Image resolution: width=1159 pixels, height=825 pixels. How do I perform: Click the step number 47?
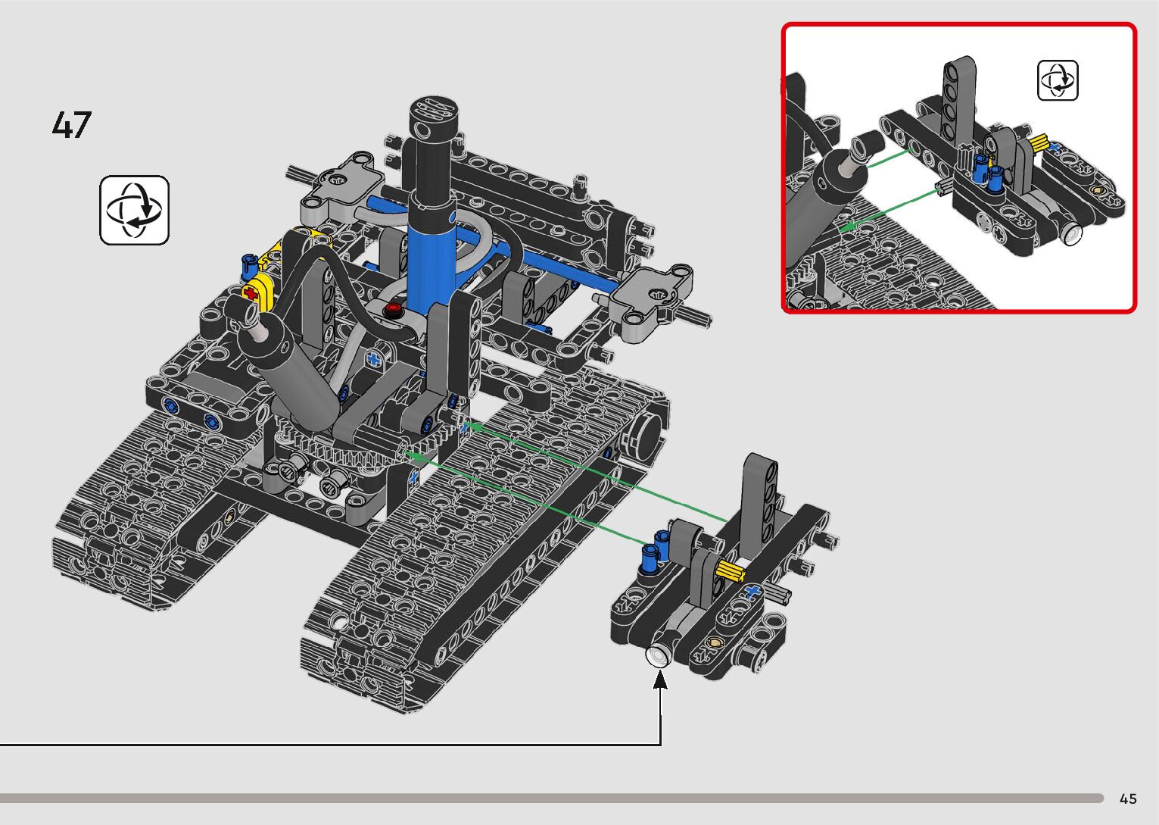click(x=71, y=125)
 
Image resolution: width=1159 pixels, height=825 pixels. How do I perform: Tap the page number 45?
click(x=1128, y=798)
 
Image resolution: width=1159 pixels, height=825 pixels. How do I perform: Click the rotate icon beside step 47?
click(x=135, y=211)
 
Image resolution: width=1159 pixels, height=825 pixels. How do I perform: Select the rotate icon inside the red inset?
click(x=1058, y=80)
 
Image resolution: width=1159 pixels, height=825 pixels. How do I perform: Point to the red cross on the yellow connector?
click(x=251, y=294)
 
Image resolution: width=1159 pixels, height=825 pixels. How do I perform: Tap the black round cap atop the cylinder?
click(x=434, y=117)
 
